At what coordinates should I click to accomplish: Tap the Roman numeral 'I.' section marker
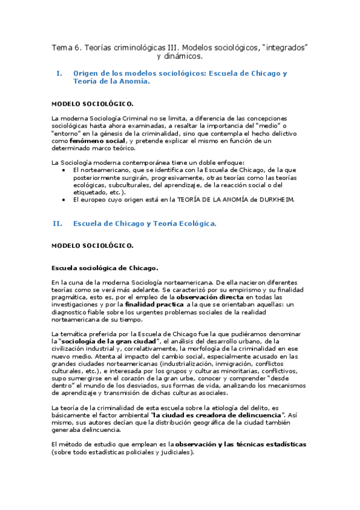(59, 73)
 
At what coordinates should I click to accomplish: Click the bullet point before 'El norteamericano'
(66, 170)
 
